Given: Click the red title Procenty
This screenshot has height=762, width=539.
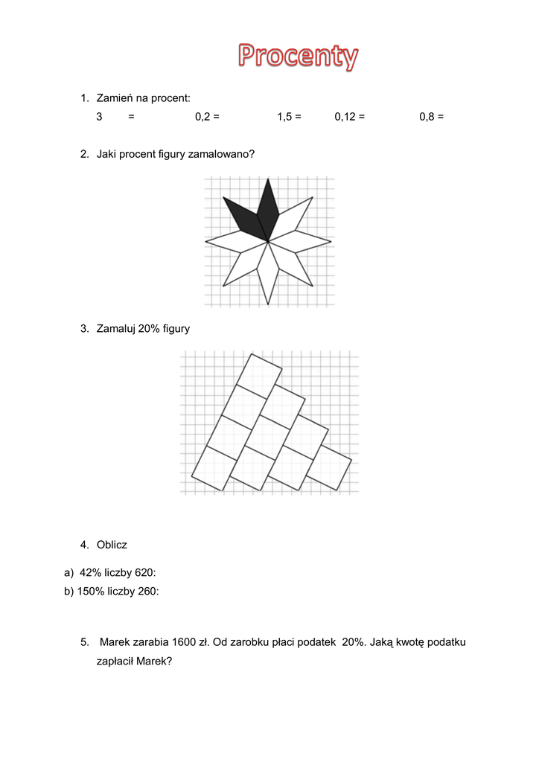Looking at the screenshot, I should tap(298, 57).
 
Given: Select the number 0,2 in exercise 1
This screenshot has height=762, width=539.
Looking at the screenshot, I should tap(202, 117).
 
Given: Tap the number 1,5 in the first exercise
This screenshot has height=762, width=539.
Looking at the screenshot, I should tap(284, 117).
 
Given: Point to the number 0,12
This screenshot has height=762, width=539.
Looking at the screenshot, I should tap(345, 117).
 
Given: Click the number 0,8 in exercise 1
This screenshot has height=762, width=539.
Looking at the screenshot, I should tap(427, 117).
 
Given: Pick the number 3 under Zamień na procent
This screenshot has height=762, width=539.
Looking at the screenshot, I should tap(99, 117).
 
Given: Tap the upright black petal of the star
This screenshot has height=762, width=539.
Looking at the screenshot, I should tap(268, 208).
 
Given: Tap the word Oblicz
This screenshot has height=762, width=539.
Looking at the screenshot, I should tap(112, 545).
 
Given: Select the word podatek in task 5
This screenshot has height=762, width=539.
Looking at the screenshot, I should tap(318, 641).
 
